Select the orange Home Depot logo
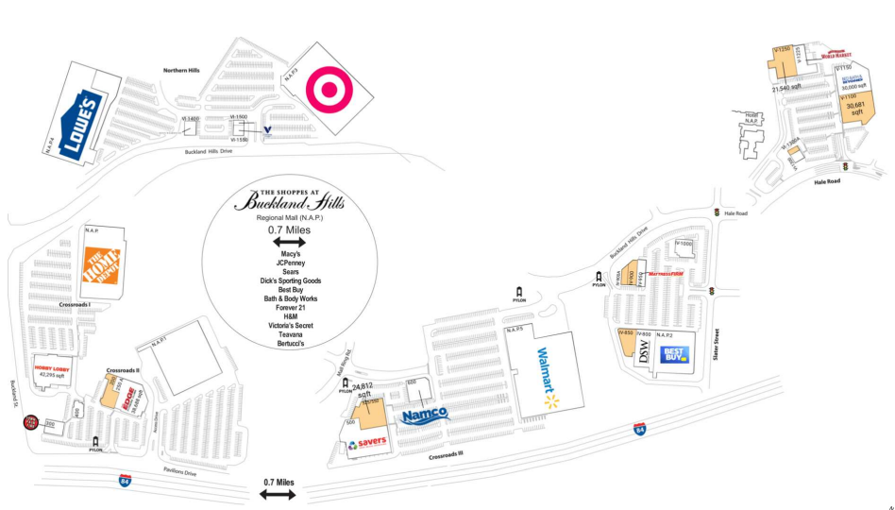pyautogui.click(x=102, y=268)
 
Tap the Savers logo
pyautogui.click(x=367, y=444)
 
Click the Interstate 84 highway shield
pyautogui.click(x=125, y=481)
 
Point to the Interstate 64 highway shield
pyautogui.click(x=639, y=430)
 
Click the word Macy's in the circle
pyautogui.click(x=290, y=254)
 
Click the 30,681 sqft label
pyautogui.click(x=856, y=108)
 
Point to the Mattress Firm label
pyautogui.click(x=665, y=275)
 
